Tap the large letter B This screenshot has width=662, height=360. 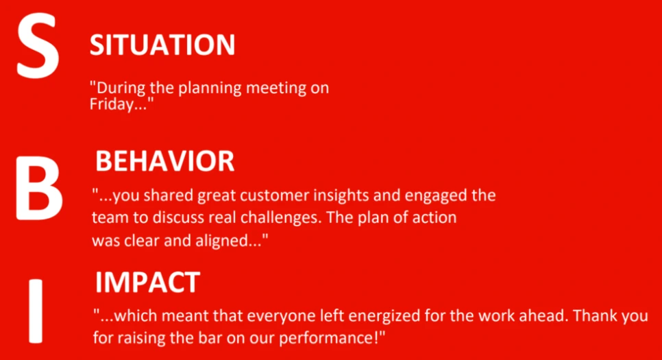click(x=39, y=189)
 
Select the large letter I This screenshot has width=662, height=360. click(x=36, y=311)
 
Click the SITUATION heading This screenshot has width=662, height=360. click(x=162, y=45)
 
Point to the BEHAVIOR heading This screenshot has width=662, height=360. click(x=164, y=161)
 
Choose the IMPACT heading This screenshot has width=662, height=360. click(x=147, y=283)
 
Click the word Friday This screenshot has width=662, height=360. click(x=112, y=104)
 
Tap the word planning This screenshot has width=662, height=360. click(x=210, y=88)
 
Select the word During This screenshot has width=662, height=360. click(x=121, y=88)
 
